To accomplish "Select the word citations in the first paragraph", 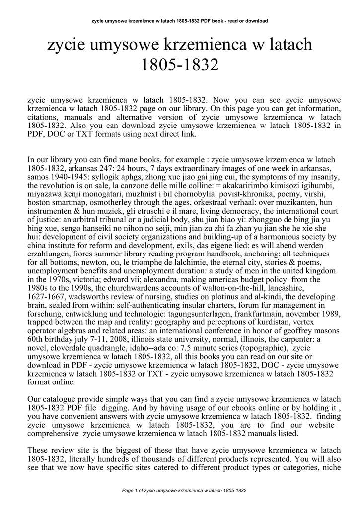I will click(44, 117).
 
